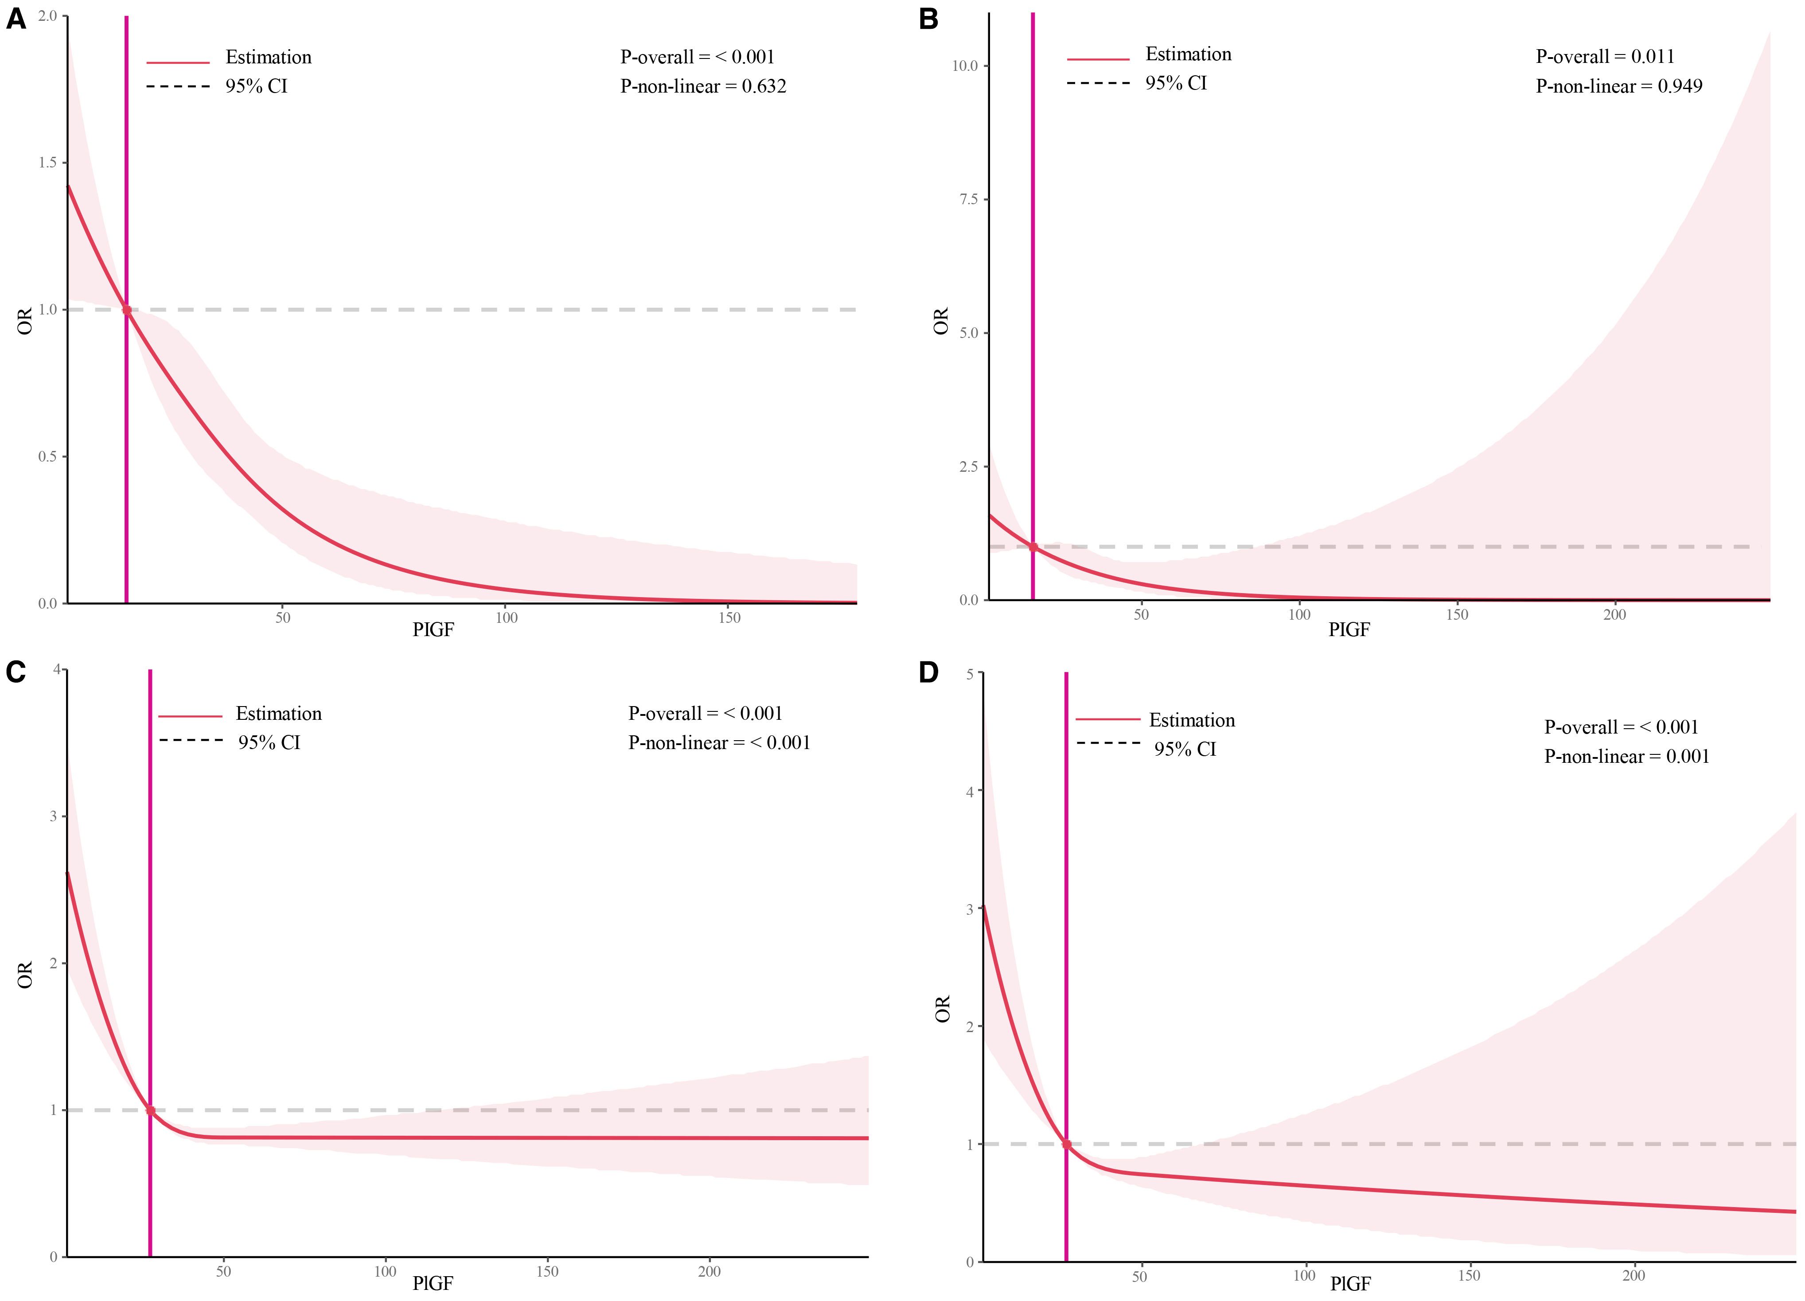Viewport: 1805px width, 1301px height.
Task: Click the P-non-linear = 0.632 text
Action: pyautogui.click(x=703, y=86)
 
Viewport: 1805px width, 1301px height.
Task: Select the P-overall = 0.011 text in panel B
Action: pyautogui.click(x=1604, y=57)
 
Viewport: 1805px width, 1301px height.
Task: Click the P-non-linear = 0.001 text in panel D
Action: pyautogui.click(x=1626, y=756)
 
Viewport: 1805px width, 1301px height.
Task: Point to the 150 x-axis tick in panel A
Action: pyautogui.click(x=729, y=617)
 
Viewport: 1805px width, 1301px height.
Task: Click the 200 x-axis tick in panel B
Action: pyautogui.click(x=1614, y=614)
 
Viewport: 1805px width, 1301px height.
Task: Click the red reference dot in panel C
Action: pyautogui.click(x=150, y=1110)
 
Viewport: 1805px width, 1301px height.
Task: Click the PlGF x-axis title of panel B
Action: pyautogui.click(x=1349, y=629)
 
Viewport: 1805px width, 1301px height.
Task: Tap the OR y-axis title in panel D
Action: pyautogui.click(x=942, y=1009)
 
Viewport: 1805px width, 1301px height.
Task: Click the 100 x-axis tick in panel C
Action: pyautogui.click(x=385, y=1272)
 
